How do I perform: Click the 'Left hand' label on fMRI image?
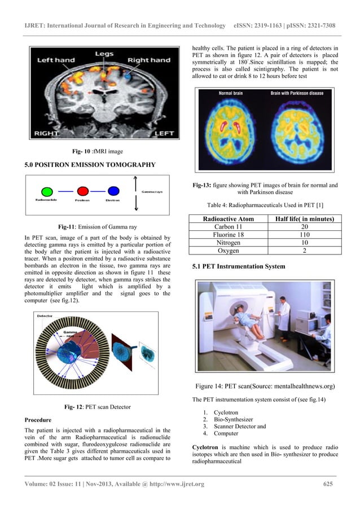click(55, 60)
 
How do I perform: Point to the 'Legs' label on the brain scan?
click(103, 54)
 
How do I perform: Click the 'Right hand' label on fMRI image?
click(148, 60)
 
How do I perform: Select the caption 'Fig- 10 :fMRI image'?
click(98, 151)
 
